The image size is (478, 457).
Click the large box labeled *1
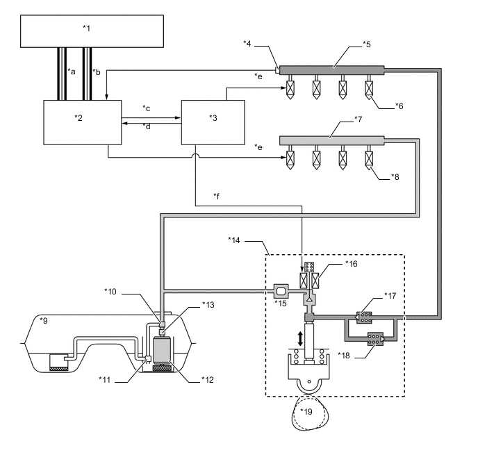(x=92, y=31)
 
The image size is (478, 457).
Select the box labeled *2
(x=82, y=122)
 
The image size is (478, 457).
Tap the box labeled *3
(x=213, y=122)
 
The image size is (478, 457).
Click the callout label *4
(x=247, y=44)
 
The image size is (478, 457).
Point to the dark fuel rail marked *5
(x=331, y=70)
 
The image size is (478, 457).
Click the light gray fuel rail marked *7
(x=331, y=140)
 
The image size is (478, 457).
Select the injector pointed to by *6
(x=369, y=90)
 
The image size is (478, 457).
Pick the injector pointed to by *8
(x=369, y=160)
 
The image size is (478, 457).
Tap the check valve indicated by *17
(x=364, y=317)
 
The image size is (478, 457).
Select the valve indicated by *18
(x=376, y=339)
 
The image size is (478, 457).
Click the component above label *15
(x=281, y=292)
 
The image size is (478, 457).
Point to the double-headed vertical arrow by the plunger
(x=300, y=339)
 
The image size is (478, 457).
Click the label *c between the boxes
(x=147, y=108)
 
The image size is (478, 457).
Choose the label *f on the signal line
(x=217, y=197)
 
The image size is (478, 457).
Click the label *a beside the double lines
(x=72, y=72)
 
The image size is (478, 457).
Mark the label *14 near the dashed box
(x=234, y=240)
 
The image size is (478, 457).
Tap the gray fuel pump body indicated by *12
(x=163, y=350)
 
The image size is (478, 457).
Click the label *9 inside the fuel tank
(x=44, y=320)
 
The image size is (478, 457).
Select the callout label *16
(x=351, y=264)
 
